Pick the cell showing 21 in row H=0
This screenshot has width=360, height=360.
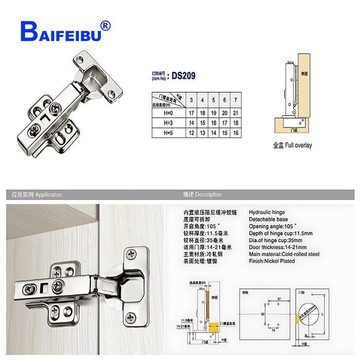236,113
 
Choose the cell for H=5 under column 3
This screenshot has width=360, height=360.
191,133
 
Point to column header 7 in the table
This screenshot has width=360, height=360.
236,99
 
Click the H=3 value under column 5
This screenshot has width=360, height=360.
213,123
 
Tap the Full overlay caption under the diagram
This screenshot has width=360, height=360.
292,145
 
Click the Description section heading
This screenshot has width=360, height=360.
202,195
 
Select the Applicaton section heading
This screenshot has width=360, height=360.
37,195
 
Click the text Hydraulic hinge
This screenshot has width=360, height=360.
267,212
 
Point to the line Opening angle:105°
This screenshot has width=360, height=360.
274,226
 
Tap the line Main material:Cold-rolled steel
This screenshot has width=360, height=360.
284,254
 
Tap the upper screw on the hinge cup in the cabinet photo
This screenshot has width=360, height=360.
131,255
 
